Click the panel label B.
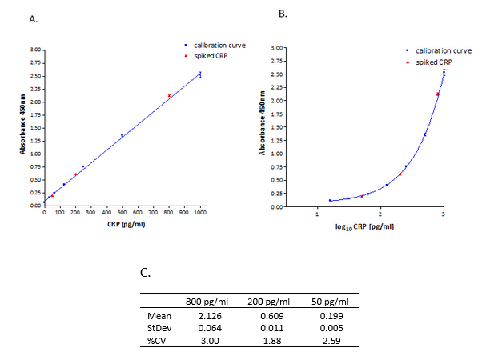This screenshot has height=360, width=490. pos(280,14)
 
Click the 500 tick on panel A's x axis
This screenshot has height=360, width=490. pos(122,212)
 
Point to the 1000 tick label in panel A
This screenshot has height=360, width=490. pos(200,212)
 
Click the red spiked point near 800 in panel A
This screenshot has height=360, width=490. pos(169,96)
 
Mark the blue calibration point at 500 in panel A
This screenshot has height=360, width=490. pos(122,135)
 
